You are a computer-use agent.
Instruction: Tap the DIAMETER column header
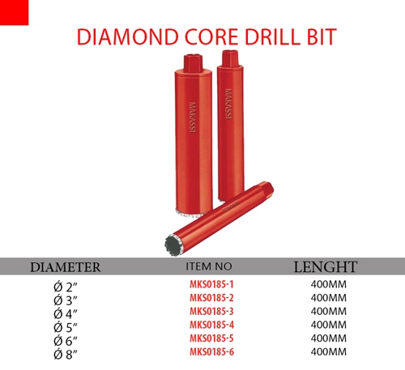66,267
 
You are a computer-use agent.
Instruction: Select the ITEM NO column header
209,266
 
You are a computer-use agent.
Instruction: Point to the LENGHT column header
326,267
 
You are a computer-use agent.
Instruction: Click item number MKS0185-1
211,284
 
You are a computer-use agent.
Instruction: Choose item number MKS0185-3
211,311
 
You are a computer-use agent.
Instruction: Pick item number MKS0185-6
211,351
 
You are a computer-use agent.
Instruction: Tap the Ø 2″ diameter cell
66,287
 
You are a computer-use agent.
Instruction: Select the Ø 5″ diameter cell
66,327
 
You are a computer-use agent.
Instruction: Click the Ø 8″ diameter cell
66,355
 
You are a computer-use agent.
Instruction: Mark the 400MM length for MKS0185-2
328,298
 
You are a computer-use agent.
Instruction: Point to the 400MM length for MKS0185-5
328,338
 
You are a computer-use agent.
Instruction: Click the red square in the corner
14,12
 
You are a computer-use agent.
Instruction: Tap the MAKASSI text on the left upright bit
193,117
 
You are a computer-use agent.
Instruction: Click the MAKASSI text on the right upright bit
228,104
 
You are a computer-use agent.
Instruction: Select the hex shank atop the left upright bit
193,63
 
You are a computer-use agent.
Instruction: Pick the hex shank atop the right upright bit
230,58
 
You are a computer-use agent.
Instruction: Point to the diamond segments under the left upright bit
190,215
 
